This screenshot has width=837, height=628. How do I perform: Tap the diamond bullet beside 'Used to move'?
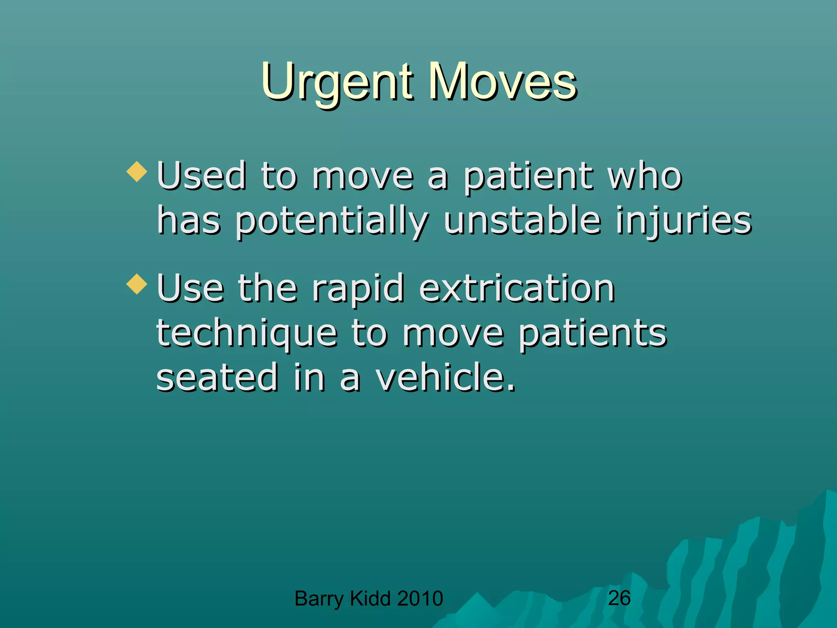click(137, 172)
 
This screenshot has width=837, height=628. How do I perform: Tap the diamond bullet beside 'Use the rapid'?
click(137, 284)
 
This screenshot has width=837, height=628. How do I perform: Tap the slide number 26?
click(619, 598)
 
